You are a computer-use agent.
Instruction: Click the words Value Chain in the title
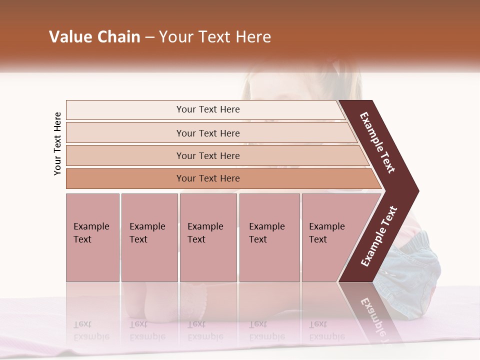click(x=94, y=37)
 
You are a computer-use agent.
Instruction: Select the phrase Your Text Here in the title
click(x=215, y=37)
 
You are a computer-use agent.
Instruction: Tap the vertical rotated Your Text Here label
click(x=57, y=143)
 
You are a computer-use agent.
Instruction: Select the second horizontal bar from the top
click(x=208, y=133)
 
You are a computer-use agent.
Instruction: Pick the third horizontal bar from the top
click(x=208, y=155)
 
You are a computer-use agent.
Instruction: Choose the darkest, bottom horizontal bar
click(x=208, y=178)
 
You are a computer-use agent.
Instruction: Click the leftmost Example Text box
click(x=92, y=237)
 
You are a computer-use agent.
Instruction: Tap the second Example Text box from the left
click(x=149, y=237)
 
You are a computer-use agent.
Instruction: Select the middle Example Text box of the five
click(x=208, y=237)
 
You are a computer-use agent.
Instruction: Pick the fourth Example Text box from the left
click(x=269, y=237)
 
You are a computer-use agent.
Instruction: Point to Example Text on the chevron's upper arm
click(x=377, y=142)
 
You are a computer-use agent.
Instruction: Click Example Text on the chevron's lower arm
click(x=379, y=236)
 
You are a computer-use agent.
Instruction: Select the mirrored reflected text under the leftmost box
click(x=91, y=330)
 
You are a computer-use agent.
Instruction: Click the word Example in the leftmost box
click(x=91, y=226)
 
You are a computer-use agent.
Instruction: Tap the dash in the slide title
click(x=149, y=37)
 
